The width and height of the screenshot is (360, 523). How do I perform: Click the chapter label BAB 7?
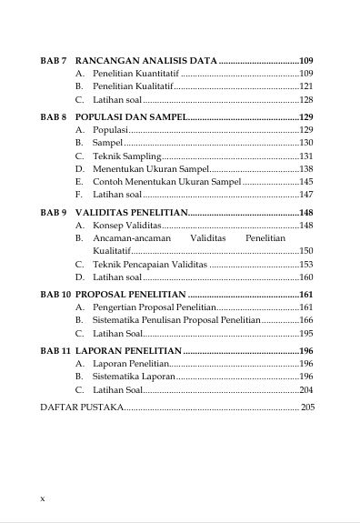point(54,59)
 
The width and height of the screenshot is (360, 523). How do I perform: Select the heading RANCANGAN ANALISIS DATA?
point(146,59)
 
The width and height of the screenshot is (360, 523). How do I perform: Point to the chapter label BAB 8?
point(54,117)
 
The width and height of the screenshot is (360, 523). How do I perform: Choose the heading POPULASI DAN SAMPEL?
point(131,117)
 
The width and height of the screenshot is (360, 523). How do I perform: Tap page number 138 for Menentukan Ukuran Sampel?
point(306,168)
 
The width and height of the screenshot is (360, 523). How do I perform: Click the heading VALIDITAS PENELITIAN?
point(131,212)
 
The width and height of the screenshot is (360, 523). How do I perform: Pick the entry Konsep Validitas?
point(126,225)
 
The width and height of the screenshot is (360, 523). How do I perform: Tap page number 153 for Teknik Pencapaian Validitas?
point(306,264)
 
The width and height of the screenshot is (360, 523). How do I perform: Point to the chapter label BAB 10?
point(55,295)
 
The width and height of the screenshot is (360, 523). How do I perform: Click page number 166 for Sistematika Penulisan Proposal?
point(306,320)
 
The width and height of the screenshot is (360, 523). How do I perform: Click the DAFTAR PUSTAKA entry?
point(82,407)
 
